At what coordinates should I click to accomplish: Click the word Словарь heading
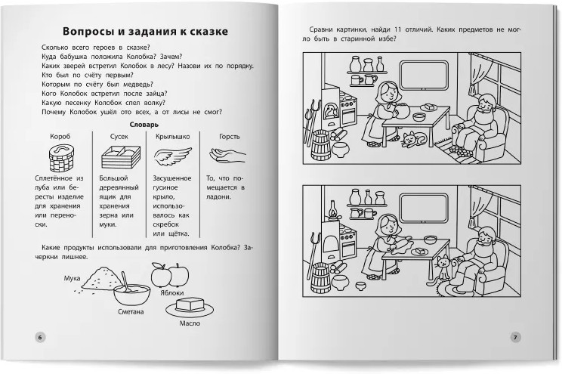[x=144, y=125]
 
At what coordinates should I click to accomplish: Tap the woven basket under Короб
[x=61, y=158]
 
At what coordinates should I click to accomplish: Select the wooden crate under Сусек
[x=121, y=156]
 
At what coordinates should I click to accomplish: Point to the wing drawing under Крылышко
[x=173, y=156]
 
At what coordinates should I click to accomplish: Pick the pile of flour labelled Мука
[x=100, y=278]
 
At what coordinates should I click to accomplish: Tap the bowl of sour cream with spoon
[x=131, y=292]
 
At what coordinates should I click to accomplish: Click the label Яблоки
[x=172, y=293]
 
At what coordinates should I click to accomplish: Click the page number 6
[x=40, y=338]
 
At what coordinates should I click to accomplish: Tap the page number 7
[x=515, y=337]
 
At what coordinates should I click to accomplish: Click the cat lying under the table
[x=413, y=140]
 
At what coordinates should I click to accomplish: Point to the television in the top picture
[x=425, y=76]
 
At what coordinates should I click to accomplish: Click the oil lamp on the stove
[x=333, y=210]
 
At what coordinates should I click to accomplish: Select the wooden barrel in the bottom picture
[x=321, y=278]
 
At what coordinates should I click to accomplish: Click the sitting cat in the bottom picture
[x=443, y=268]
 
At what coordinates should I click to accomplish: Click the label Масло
[x=190, y=323]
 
